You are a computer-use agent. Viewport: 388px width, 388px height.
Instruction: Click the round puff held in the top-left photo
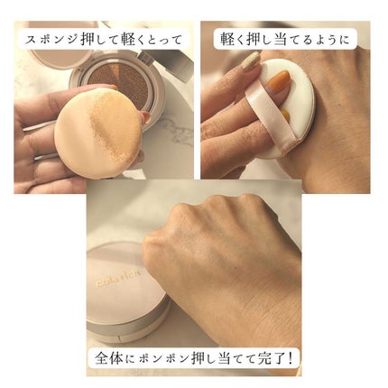coord(90,140)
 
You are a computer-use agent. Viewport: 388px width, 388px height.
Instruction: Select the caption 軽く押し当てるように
coord(284,39)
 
